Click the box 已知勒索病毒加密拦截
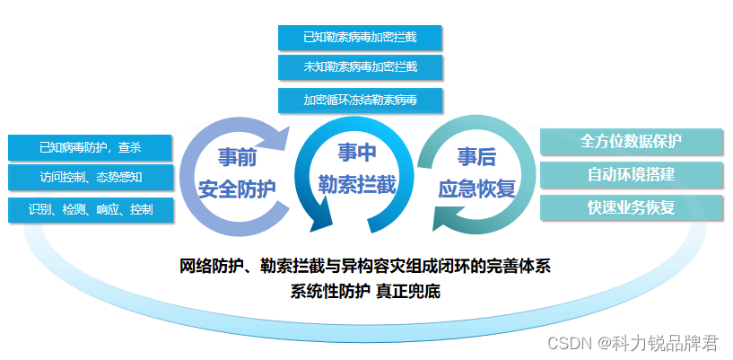coord(360,38)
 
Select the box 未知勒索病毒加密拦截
coord(360,67)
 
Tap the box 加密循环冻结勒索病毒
coord(360,100)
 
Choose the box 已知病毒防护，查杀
coord(91,148)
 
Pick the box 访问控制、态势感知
coord(91,177)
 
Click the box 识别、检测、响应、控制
coord(91,209)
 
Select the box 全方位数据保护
coord(632,141)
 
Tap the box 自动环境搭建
coord(632,174)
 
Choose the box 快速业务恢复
coord(632,207)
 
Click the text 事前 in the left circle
coord(237,158)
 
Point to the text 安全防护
coord(237,189)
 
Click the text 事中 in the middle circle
coord(357,153)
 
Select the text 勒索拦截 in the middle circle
coord(357,185)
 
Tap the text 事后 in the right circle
coord(476,158)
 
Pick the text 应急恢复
coord(476,189)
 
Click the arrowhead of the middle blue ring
coord(323,219)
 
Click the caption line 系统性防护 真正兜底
coord(365,292)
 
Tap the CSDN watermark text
coord(633,344)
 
